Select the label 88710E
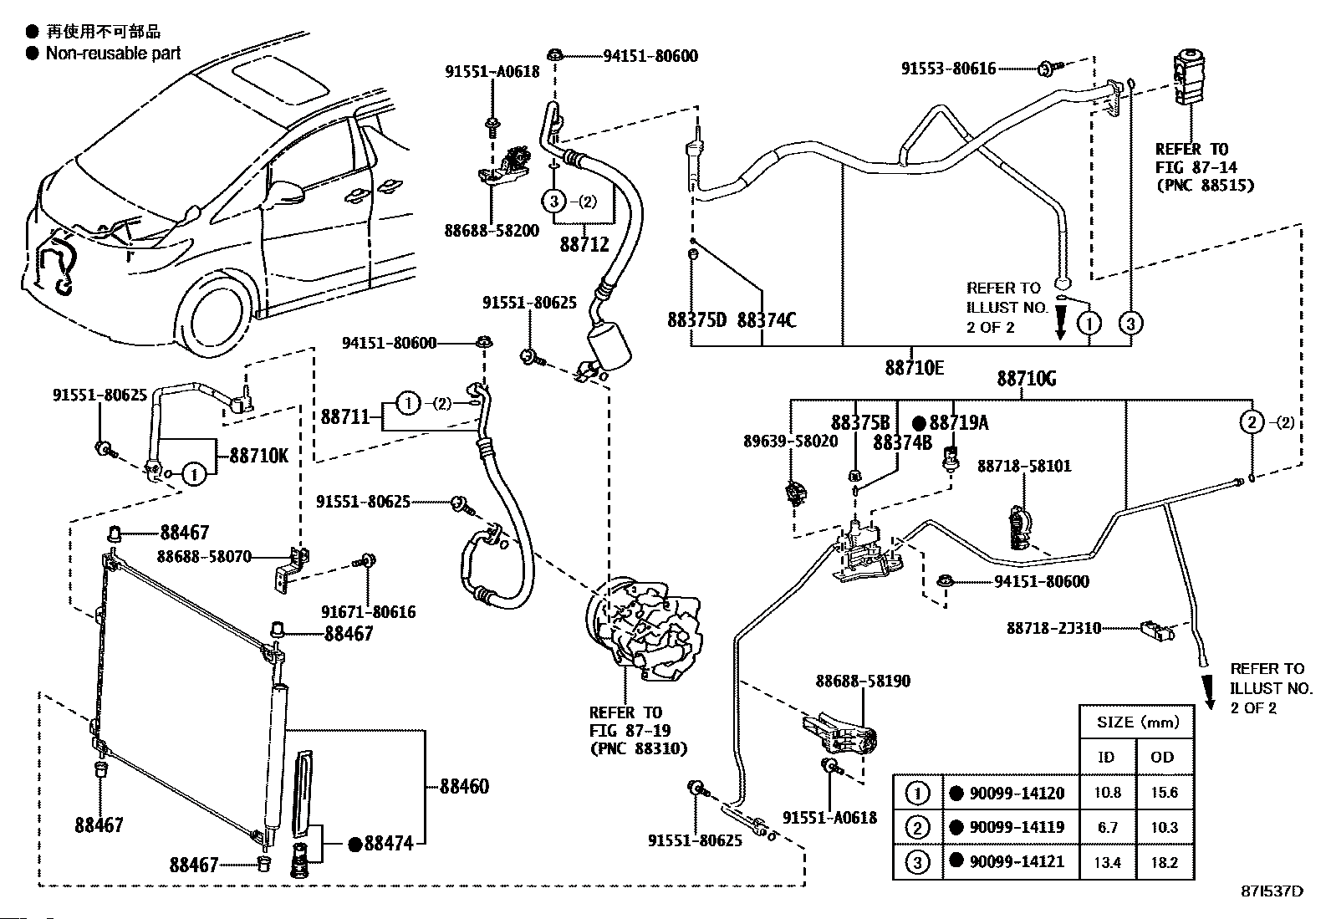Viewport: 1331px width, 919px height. (915, 368)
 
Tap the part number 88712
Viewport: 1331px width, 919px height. (584, 245)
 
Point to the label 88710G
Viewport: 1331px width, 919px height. (1026, 379)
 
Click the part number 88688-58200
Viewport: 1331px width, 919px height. (492, 230)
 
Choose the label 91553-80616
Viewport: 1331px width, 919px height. (948, 69)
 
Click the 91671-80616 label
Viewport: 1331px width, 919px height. (369, 613)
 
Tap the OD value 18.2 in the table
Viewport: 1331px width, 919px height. (1164, 862)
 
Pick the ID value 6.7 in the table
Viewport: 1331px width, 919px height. (1108, 827)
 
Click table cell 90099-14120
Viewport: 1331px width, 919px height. (1017, 793)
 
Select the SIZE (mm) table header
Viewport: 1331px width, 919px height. (1137, 722)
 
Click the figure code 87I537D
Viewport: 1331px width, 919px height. (1272, 891)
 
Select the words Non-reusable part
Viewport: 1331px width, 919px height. (113, 54)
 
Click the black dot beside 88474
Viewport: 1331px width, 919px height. (354, 845)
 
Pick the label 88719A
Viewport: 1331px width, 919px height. (958, 423)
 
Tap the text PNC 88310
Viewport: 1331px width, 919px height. (638, 748)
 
